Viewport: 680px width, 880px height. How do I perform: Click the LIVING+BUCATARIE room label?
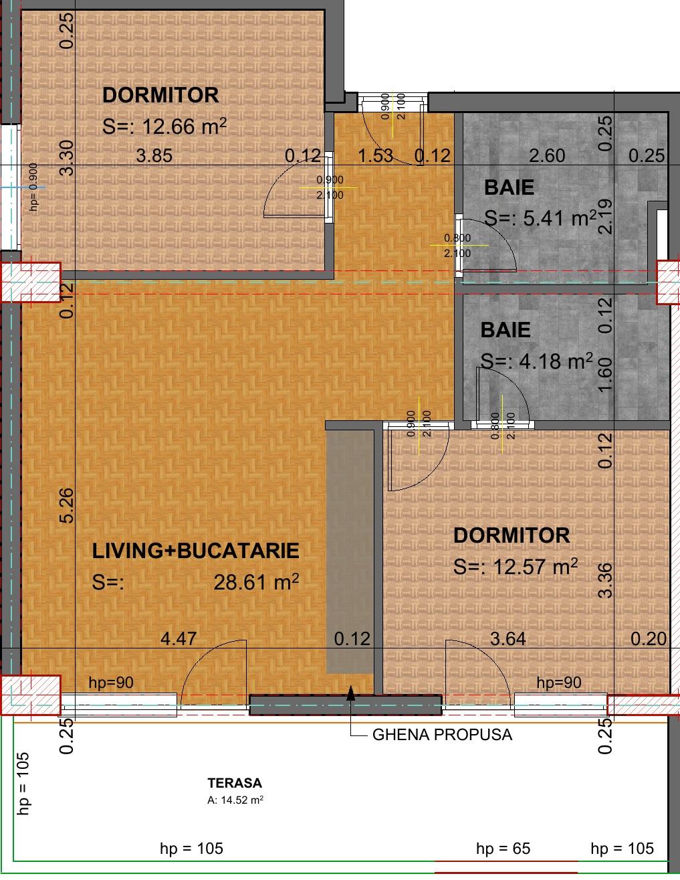pos(195,551)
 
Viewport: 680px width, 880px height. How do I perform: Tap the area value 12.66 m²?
pos(180,126)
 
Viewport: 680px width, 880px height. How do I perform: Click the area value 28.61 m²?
pos(255,582)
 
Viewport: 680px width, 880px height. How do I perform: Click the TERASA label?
pos(234,783)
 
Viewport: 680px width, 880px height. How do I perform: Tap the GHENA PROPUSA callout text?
pos(442,735)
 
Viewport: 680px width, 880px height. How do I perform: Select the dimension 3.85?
pos(154,156)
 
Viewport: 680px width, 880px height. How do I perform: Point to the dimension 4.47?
pos(179,638)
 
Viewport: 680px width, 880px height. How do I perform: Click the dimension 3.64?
pos(507,638)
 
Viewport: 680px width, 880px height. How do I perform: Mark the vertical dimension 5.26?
pos(68,506)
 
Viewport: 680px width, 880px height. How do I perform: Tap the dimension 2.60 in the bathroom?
pos(546,156)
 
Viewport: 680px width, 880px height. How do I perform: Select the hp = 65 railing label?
pos(503,849)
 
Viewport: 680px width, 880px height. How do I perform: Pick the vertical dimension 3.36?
pos(606,580)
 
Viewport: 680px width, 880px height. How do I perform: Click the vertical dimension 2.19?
pos(606,216)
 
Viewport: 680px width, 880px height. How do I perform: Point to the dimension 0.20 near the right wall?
pos(649,639)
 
